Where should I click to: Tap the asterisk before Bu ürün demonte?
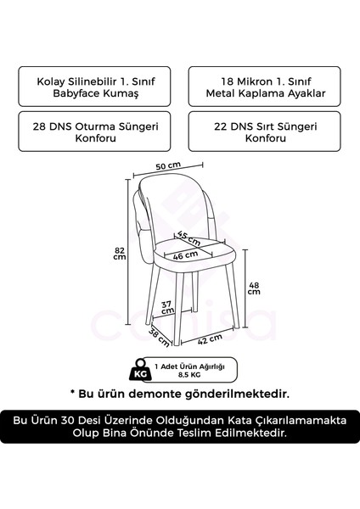73,394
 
